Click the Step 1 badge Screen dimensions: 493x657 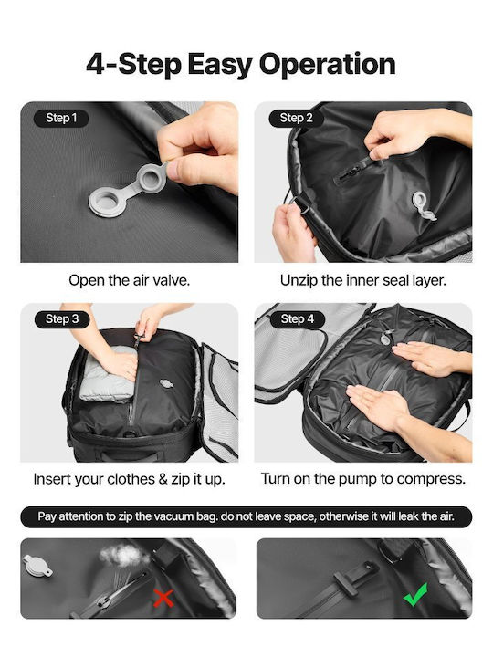click(61, 118)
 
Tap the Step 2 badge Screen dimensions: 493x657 click(296, 118)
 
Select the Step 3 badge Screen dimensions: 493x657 click(62, 319)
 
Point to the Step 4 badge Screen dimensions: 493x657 click(298, 319)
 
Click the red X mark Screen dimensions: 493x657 click(163, 598)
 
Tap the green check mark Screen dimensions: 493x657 click(415, 594)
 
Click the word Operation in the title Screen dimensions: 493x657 click(328, 64)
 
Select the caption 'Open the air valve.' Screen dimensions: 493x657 click(129, 280)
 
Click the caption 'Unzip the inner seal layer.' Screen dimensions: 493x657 click(363, 280)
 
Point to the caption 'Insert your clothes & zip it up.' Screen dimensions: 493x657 click(129, 479)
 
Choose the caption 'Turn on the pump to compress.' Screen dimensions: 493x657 click(363, 478)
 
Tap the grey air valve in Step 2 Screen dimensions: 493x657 click(423, 205)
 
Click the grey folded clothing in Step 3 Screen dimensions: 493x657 click(107, 375)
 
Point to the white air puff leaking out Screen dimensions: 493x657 click(123, 556)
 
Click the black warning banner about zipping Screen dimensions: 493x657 click(246, 516)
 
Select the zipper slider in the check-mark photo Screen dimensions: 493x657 click(355, 577)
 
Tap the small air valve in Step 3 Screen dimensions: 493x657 click(166, 384)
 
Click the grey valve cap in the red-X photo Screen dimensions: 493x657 click(37, 565)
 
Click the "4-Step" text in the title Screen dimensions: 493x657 click(133, 64)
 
